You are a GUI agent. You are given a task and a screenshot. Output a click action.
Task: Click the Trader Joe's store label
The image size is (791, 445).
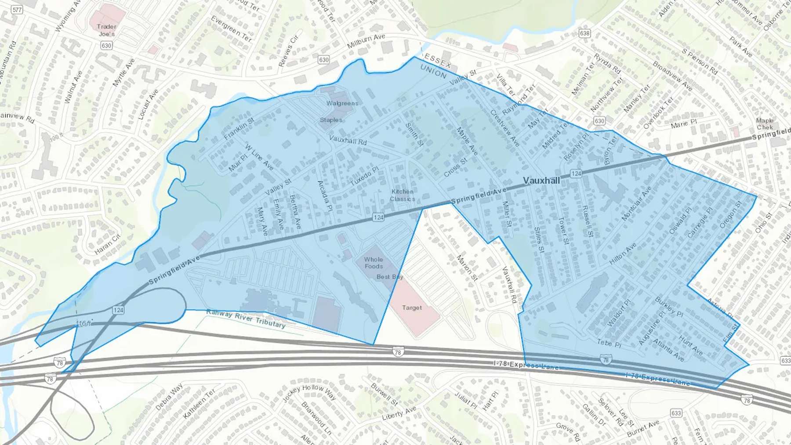pos(106,30)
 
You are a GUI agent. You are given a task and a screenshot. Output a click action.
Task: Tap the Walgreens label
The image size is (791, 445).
pos(342,103)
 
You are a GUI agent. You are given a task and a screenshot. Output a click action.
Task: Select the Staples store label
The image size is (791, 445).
pos(331,120)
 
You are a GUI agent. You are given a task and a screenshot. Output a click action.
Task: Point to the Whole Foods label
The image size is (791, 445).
pos(374,263)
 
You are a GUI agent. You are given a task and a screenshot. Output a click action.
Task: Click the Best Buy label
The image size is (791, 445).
pos(390,277)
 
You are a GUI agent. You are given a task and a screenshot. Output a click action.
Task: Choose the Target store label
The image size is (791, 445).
pos(412,308)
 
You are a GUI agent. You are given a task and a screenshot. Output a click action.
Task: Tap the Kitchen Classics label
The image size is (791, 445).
pos(402,195)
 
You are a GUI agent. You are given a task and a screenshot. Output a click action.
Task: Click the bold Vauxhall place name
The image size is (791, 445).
pos(541,181)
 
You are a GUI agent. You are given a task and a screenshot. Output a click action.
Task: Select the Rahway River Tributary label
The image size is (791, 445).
pos(246,318)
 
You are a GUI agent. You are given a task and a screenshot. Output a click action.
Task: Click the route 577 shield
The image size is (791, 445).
pos(17,9)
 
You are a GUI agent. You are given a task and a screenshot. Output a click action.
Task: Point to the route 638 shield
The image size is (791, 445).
pos(584,33)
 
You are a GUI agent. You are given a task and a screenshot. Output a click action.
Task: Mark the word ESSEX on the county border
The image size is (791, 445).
pos(438,61)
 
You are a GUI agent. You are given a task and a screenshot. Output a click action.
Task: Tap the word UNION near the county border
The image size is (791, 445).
pos(433,71)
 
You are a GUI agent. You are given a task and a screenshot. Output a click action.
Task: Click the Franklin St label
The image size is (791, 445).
pos(239,129)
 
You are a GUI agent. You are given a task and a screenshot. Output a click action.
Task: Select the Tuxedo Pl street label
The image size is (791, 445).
pos(364,176)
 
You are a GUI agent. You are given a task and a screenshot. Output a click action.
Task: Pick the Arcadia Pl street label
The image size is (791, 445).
pos(324,196)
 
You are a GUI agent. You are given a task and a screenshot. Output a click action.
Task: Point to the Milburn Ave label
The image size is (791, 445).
pos(366,41)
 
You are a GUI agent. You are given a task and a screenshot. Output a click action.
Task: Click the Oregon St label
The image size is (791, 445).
pos(730,214)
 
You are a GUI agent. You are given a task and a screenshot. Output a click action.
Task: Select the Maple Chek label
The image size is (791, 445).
pos(765,124)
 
